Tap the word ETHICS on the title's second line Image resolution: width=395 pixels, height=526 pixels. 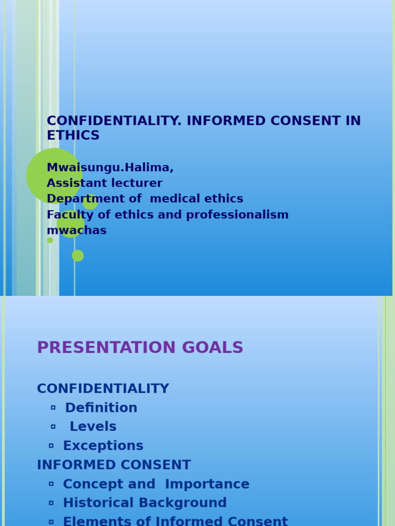point(73,136)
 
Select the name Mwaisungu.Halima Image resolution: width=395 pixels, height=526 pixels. point(110,168)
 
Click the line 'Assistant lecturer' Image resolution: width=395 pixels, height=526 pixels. point(104,183)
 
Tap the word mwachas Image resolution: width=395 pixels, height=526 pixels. point(77,231)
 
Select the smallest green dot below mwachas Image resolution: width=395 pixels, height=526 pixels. point(50,240)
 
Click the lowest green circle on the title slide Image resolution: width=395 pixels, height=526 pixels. point(78,255)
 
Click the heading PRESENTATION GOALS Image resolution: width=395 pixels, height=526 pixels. point(140,348)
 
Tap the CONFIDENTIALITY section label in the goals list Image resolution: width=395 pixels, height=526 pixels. point(103,389)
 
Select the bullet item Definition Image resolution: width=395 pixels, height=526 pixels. point(101,408)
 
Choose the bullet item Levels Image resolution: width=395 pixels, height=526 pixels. point(93,427)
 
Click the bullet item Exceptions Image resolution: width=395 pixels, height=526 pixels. point(103,446)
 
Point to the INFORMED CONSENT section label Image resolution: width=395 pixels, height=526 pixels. point(114,465)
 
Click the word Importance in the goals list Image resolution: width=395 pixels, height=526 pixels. point(207,484)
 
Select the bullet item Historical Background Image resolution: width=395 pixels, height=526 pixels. point(145,503)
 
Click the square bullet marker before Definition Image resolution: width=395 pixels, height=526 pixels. point(53,407)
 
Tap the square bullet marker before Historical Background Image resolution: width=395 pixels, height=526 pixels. point(51,502)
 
